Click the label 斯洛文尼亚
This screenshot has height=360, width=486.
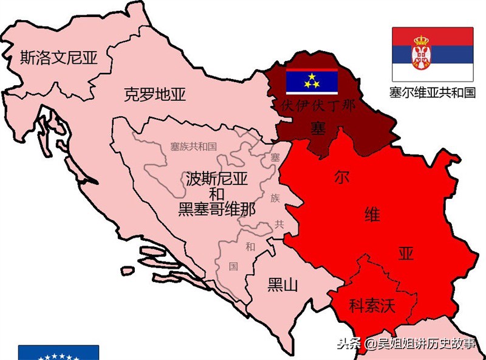[x=59, y=57]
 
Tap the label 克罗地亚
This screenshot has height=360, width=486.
[x=154, y=95]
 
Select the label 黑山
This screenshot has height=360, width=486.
[x=282, y=284]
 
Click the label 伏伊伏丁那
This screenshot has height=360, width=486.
[x=318, y=104]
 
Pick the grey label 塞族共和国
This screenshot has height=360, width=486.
[x=193, y=147]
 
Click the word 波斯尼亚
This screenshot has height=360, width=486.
[x=216, y=179]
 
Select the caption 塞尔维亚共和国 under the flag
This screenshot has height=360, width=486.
[x=433, y=92]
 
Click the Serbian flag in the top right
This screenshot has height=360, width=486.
[x=433, y=55]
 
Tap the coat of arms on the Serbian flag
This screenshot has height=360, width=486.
[x=420, y=54]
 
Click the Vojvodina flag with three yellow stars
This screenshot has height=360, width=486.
[x=312, y=78]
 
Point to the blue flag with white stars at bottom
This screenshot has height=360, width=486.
[x=58, y=353]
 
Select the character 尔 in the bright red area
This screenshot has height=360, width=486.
[x=341, y=177]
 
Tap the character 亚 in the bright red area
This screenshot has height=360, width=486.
[x=405, y=254]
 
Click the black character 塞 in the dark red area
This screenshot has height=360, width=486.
[x=317, y=128]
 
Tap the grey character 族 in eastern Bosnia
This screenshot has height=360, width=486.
[x=275, y=198]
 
